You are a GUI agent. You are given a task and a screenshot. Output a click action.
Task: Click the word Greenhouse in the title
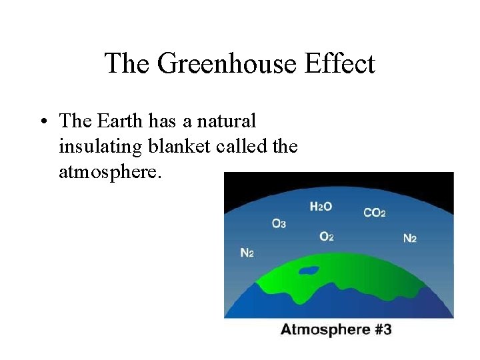coord(227,65)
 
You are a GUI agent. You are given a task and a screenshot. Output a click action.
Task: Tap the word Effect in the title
coord(339,64)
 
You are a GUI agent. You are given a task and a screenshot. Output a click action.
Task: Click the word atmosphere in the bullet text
coord(110,171)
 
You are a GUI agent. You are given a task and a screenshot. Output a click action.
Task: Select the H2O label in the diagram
coord(321,207)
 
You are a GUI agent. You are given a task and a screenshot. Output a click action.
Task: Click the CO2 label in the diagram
coord(374,213)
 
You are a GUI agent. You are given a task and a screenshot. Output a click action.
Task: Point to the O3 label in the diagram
coord(279,223)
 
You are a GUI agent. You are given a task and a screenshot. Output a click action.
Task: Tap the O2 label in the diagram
coord(326,237)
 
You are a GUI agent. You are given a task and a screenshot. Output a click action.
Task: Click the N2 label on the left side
coord(246,253)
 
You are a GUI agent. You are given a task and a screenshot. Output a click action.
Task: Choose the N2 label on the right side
coord(409,238)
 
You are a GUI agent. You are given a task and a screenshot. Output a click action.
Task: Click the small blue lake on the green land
coord(309,271)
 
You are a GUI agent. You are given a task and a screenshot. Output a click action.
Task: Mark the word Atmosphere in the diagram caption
coord(325,329)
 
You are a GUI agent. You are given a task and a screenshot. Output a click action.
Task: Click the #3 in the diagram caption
coord(383,329)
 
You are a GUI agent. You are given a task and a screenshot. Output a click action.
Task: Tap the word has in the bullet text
coord(162,121)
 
